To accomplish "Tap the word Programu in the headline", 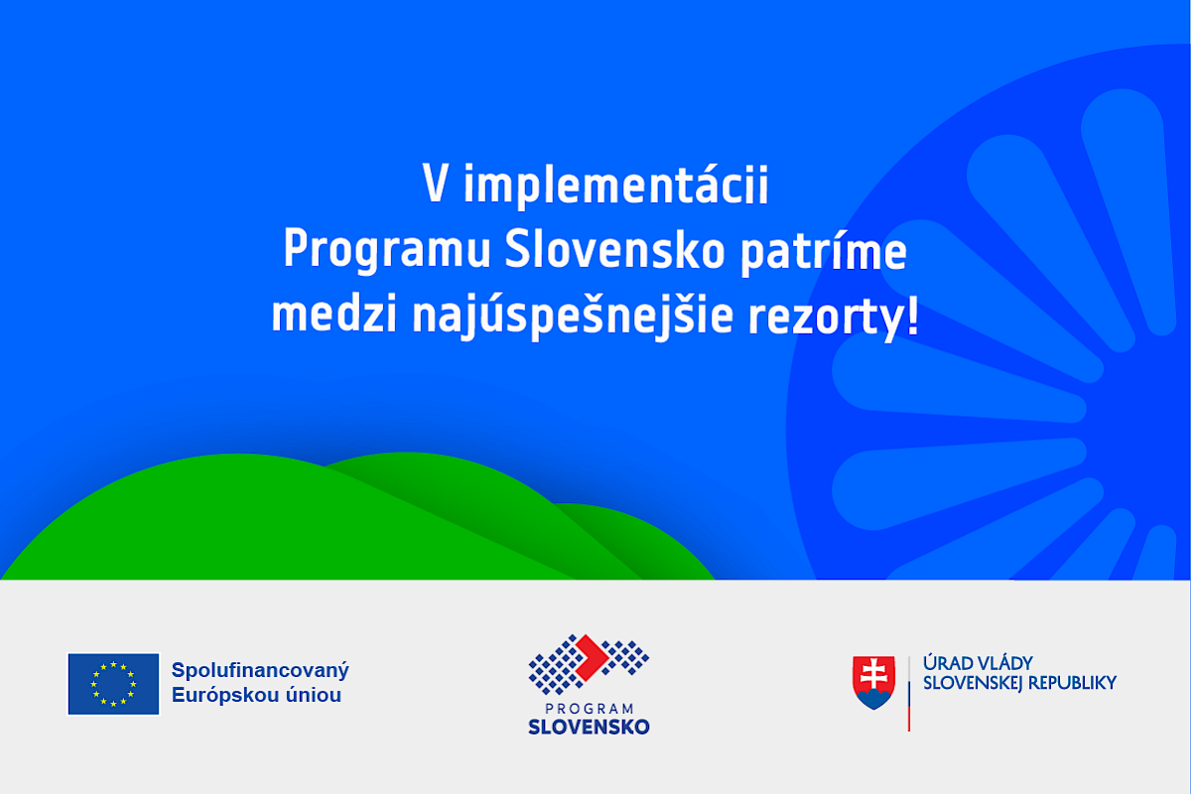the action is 386,250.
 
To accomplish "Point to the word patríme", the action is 823,249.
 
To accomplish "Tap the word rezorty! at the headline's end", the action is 833,317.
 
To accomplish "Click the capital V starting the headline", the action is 435,183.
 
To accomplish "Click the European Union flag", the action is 113,684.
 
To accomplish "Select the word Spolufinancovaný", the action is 260,671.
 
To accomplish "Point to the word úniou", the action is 314,695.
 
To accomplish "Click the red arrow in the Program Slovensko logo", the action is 592,658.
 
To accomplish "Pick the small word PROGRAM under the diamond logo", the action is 590,709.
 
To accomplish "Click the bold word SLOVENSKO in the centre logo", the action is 589,727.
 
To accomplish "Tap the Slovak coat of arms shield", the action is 873,682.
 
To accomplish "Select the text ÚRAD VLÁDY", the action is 978,664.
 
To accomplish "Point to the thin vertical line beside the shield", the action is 909,694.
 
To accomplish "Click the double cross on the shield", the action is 874,673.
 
